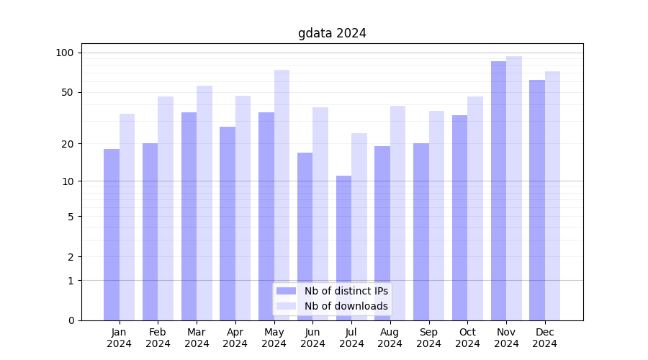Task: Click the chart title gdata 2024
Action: click(332, 33)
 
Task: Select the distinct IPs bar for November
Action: click(498, 191)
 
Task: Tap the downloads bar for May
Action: click(282, 194)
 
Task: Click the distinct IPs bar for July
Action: click(343, 248)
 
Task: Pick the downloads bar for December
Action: click(552, 196)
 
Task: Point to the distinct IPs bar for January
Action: click(112, 235)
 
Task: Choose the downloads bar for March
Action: click(204, 203)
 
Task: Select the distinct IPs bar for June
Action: click(305, 236)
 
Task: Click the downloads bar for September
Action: click(436, 215)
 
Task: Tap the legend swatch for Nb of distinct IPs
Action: click(286, 291)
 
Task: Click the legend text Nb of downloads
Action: click(346, 306)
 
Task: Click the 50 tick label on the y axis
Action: click(68, 92)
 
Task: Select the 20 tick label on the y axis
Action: click(68, 144)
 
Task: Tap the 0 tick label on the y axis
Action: click(71, 320)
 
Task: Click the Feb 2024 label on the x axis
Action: click(158, 338)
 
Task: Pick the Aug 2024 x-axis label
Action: click(390, 338)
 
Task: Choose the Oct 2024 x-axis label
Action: click(467, 338)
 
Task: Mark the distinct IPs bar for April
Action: click(228, 223)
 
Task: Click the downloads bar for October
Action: click(475, 208)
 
